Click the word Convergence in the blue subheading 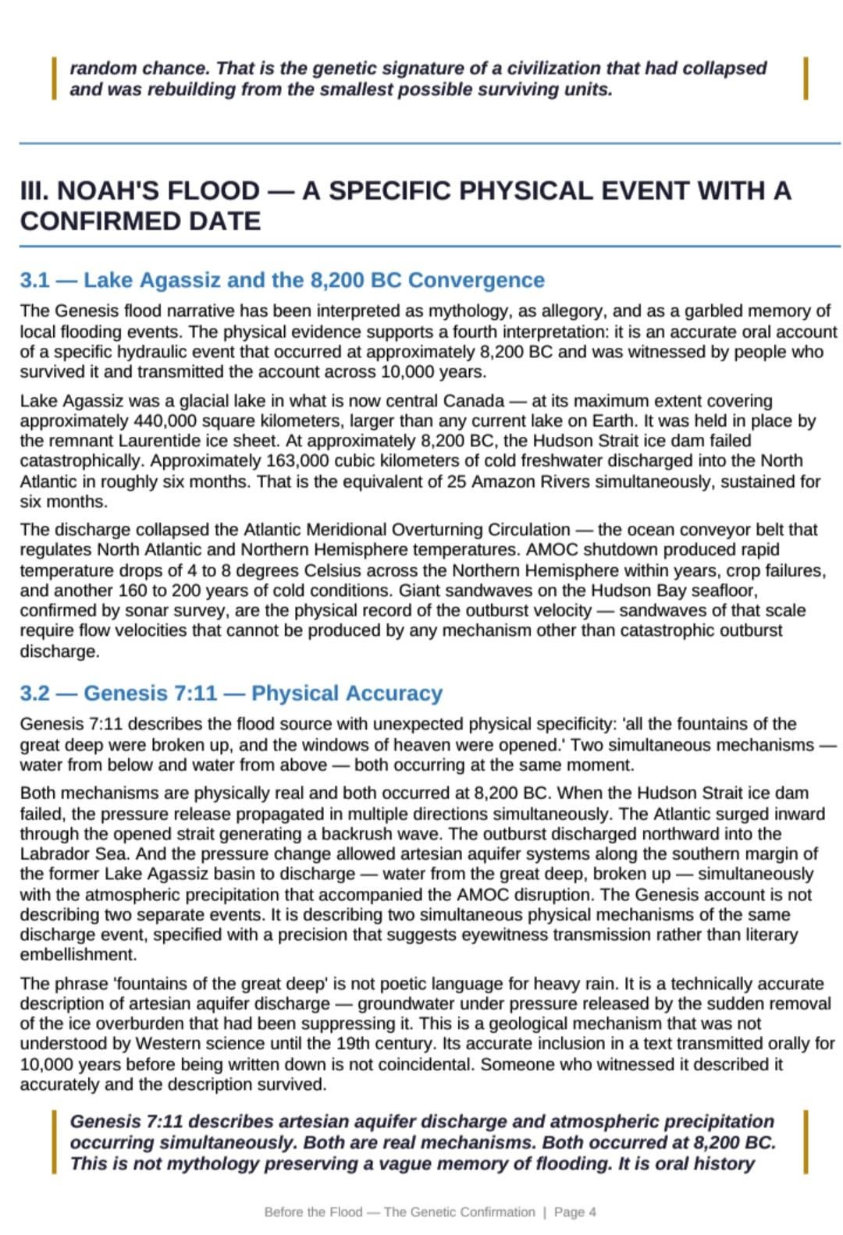point(476,280)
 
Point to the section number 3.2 point(36,694)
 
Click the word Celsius point(307,570)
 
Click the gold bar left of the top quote point(54,78)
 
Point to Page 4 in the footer point(574,1212)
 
